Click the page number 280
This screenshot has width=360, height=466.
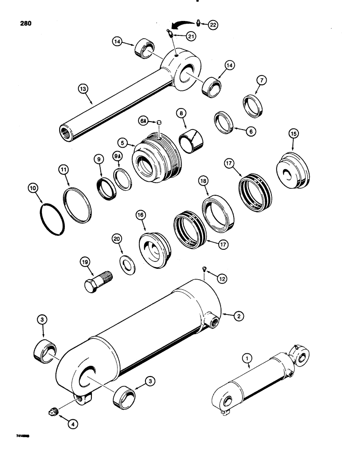tap(24, 23)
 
